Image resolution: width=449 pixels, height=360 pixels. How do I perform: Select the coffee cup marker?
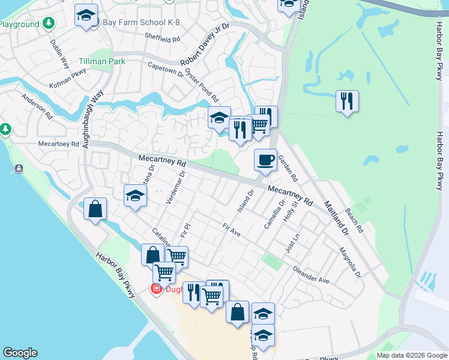click(x=265, y=160)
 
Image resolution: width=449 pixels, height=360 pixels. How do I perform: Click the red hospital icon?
click(x=156, y=289)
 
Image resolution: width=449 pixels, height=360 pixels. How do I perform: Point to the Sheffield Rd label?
click(x=162, y=38)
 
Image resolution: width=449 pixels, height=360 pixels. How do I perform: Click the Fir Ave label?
click(x=231, y=230)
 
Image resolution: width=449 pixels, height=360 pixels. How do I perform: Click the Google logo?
click(x=20, y=353)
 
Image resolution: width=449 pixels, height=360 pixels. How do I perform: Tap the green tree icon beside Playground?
click(x=48, y=24)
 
